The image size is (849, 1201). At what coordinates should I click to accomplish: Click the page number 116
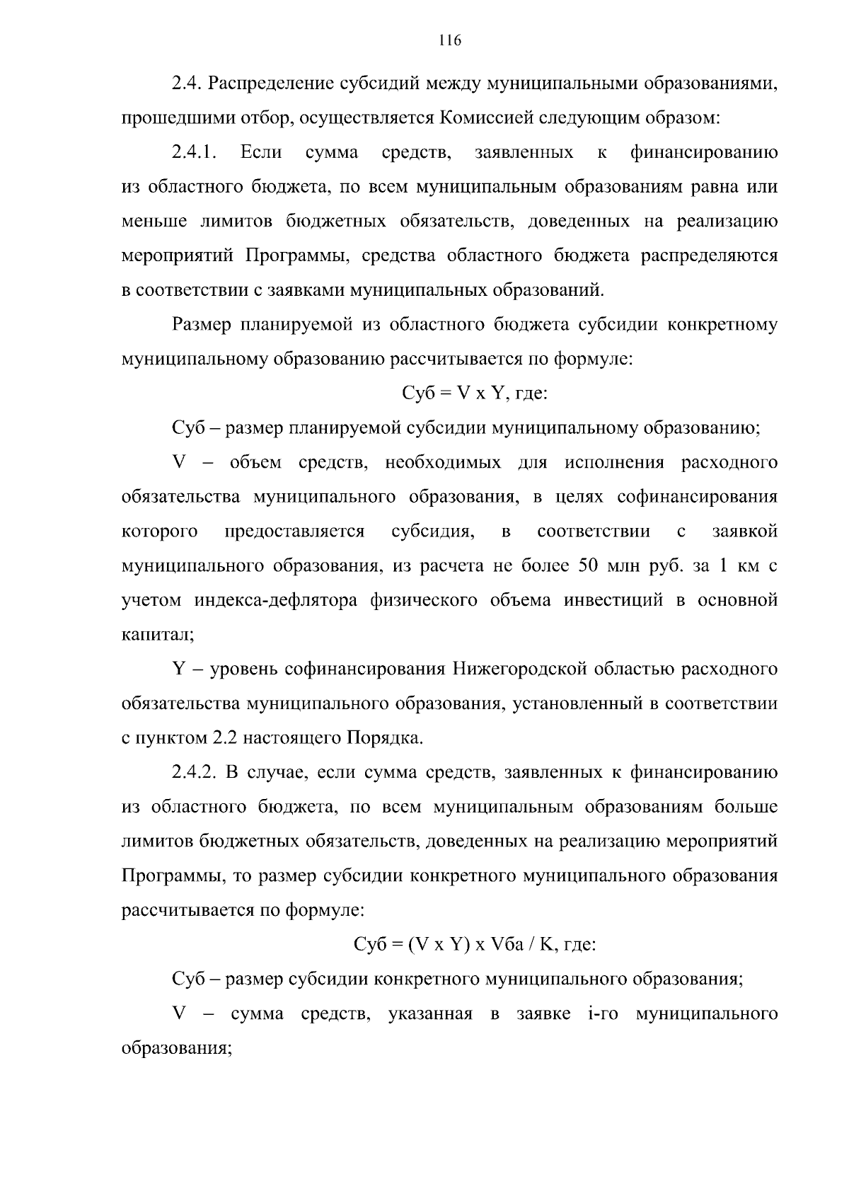[449, 40]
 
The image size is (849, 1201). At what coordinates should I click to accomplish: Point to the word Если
[261, 152]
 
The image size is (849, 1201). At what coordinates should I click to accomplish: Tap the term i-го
[603, 1014]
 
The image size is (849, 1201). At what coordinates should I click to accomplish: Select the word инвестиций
[613, 601]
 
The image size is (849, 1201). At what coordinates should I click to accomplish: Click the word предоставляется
[294, 531]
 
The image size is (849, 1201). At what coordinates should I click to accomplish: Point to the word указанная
[430, 1014]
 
